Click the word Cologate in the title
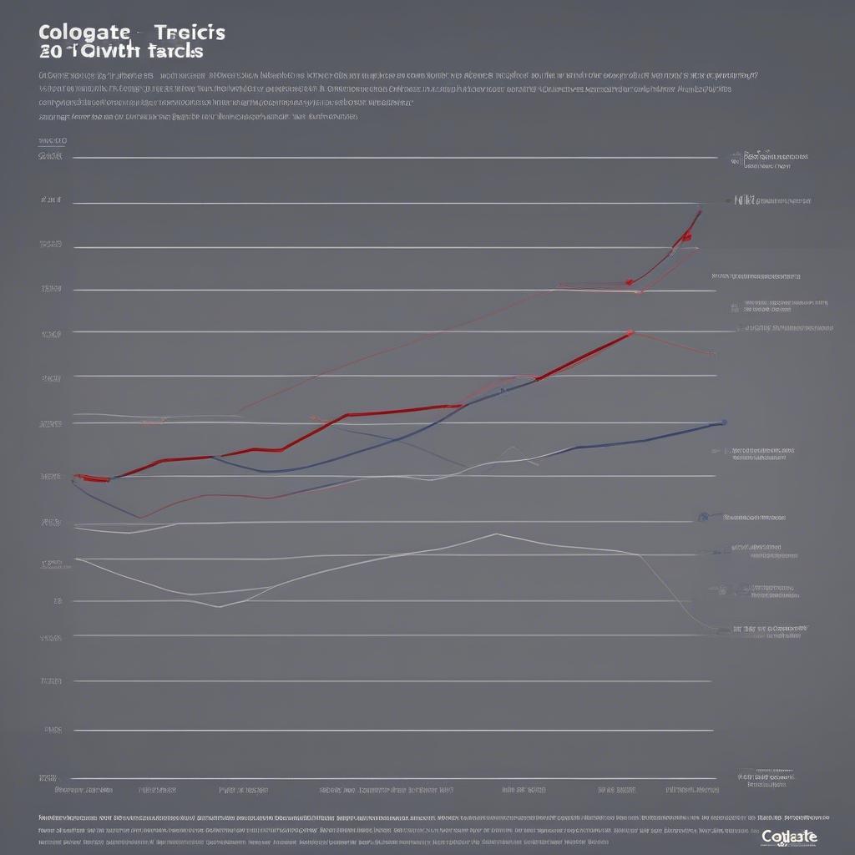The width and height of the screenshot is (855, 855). (x=83, y=33)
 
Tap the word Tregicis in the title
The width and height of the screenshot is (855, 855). (x=190, y=33)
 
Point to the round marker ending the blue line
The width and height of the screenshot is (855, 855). (x=723, y=422)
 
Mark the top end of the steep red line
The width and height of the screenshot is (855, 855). (x=700, y=211)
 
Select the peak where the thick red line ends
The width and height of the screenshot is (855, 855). (x=630, y=332)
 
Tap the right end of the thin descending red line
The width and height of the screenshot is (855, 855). (x=714, y=354)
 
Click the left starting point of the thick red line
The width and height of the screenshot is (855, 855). (x=77, y=478)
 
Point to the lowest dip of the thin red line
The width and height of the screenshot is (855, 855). (x=139, y=518)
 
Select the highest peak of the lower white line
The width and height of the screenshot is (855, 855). (x=496, y=534)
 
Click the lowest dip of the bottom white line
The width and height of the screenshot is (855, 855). (x=219, y=606)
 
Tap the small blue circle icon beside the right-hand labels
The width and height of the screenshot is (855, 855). (x=703, y=517)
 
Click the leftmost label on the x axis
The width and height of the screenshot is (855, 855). (x=83, y=789)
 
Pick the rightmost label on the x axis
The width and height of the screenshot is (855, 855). (x=692, y=789)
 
